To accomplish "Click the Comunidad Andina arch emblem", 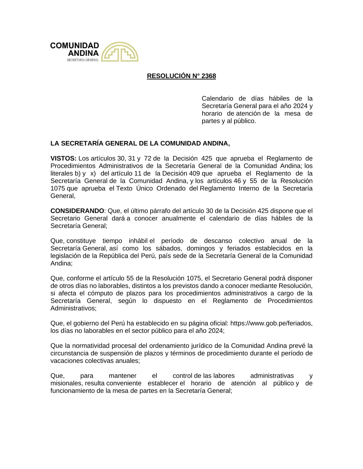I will pyautogui.click(x=119, y=52).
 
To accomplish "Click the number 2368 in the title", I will pyautogui.click(x=208, y=76).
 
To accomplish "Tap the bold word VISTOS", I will pyautogui.click(x=63, y=158).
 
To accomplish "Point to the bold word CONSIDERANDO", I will pyautogui.click(x=77, y=211).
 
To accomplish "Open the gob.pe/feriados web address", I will pyautogui.click(x=271, y=323).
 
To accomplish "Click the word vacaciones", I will pyautogui.click(x=67, y=361).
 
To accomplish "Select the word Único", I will pyautogui.click(x=144, y=188).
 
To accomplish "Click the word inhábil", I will pyautogui.click(x=138, y=241).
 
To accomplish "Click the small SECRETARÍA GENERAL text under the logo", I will pyautogui.click(x=83, y=60).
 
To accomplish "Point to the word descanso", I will pyautogui.click(x=218, y=241).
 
